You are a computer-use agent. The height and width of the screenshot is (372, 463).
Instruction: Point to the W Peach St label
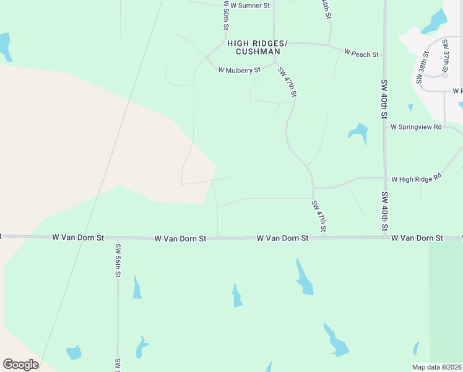click(x=361, y=55)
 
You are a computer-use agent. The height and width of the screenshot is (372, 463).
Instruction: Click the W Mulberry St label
click(x=240, y=70)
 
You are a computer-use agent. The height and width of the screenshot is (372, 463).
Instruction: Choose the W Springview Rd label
click(x=416, y=127)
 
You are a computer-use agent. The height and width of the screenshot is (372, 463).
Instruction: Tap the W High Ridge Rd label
click(x=416, y=179)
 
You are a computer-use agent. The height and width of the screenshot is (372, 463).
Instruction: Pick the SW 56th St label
click(x=118, y=260)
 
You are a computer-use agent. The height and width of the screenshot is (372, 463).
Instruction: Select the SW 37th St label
click(x=446, y=57)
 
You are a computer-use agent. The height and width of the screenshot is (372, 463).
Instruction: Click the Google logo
click(x=20, y=365)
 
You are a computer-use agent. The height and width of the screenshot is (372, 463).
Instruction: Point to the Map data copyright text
click(x=437, y=367)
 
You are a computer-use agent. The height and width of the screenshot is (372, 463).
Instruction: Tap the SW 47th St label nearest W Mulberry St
click(x=288, y=82)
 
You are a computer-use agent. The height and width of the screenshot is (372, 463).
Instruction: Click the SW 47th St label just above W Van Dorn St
click(x=318, y=217)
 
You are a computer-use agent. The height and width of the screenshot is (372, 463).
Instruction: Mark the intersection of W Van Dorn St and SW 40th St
click(x=384, y=237)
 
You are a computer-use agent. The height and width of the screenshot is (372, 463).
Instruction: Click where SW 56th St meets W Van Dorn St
click(x=117, y=237)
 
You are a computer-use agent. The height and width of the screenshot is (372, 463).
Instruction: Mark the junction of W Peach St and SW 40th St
click(x=384, y=55)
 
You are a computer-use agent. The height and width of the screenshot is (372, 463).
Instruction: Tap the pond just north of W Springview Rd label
click(x=358, y=132)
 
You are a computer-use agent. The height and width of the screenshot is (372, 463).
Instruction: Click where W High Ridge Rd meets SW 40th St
click(x=384, y=179)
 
